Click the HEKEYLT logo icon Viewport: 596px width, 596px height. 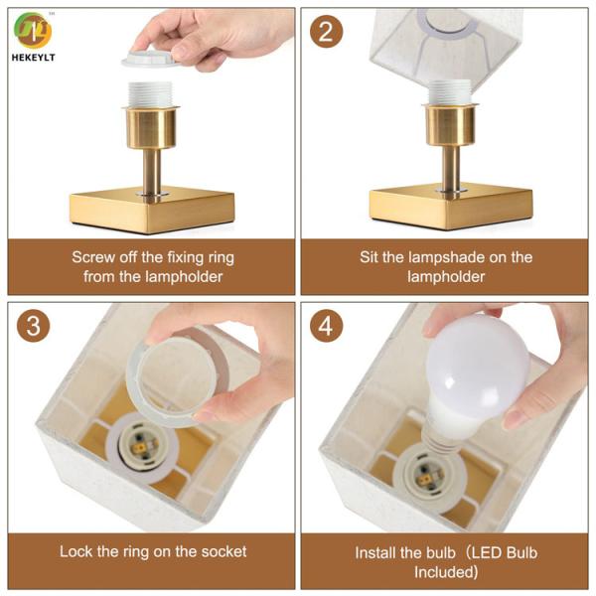(34, 30)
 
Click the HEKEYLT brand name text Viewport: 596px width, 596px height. (35, 58)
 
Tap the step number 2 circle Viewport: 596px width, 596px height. (325, 32)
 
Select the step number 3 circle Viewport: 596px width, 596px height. (33, 326)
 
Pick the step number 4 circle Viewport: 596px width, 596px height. (325, 326)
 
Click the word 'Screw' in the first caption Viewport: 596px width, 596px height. (94, 257)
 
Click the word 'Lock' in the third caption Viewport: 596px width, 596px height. (76, 551)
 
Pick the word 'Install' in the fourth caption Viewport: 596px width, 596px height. (378, 552)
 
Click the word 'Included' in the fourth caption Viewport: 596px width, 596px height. (446, 572)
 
